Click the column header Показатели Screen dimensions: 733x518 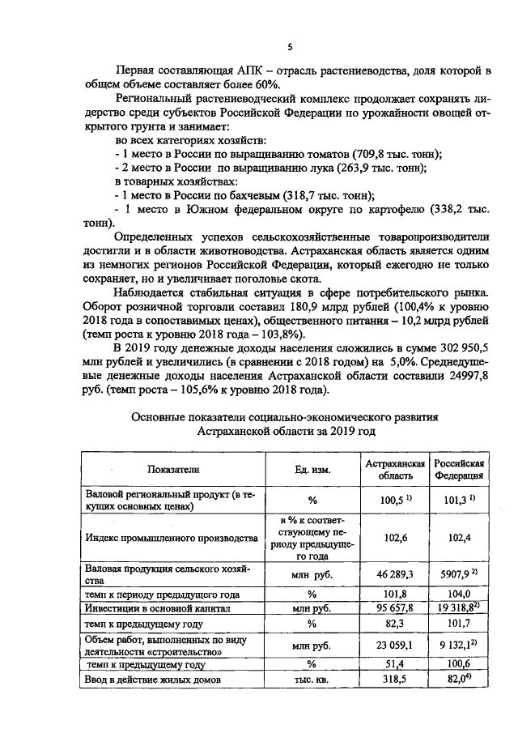point(172,468)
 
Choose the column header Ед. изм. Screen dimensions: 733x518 point(312,468)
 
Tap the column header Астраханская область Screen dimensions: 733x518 point(395,467)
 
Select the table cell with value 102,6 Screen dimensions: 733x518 point(394,536)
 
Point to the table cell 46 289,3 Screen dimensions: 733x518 point(394,573)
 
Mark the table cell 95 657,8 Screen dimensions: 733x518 point(394,607)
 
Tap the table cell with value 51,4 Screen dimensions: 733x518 point(394,664)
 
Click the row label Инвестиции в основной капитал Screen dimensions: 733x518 point(159,607)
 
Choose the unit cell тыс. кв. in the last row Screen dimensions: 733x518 point(311,680)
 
